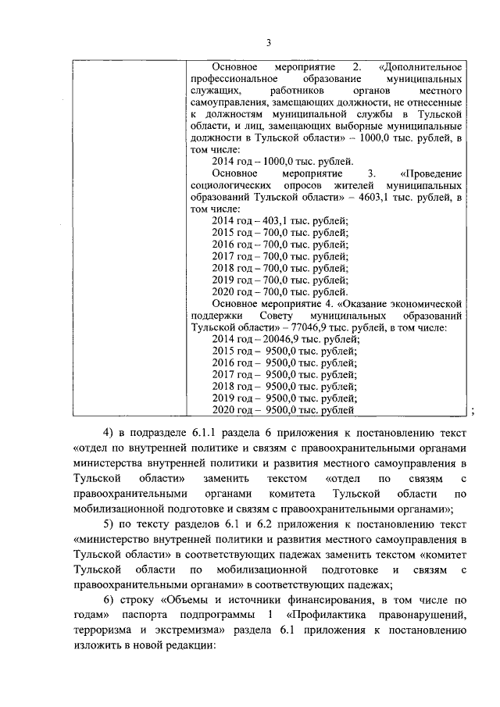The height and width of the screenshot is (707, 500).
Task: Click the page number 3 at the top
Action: click(x=268, y=43)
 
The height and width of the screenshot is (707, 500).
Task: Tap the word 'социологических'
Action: click(x=227, y=185)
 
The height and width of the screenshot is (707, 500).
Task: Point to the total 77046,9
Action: click(x=313, y=328)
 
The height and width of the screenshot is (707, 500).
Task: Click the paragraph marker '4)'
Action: click(x=108, y=432)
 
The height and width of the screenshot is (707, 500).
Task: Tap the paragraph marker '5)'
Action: click(x=108, y=523)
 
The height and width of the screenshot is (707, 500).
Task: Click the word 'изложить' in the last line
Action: click(x=97, y=648)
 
